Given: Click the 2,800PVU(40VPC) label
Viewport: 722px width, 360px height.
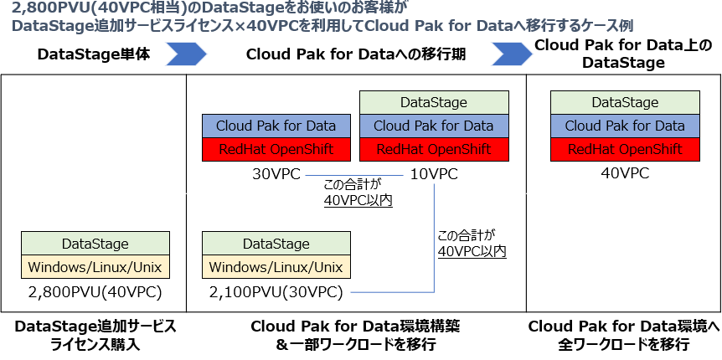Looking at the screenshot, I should [95, 292].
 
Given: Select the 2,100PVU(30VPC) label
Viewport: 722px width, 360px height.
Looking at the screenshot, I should [276, 292].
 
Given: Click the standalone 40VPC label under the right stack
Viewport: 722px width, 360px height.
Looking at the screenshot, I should [625, 174].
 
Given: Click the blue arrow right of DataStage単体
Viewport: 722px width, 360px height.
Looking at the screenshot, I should [186, 54].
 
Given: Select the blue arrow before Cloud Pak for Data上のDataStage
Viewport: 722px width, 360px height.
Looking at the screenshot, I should [511, 54].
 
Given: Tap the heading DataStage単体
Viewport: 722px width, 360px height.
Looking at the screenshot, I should [94, 54].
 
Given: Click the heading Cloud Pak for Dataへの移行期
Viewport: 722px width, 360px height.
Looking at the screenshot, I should [356, 54].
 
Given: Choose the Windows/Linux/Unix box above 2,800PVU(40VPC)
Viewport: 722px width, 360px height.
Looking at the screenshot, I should [95, 267].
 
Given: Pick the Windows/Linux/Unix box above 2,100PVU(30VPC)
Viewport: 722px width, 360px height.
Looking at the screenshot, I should [276, 267].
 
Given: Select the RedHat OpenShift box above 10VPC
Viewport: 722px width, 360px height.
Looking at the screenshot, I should [433, 150].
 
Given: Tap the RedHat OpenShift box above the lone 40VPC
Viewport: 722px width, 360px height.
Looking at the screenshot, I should [625, 150].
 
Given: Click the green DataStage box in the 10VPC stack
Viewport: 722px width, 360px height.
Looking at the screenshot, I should [433, 102].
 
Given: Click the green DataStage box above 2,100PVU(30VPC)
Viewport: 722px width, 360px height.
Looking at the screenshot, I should [276, 244].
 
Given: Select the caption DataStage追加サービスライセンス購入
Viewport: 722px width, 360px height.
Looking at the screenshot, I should [95, 334].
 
